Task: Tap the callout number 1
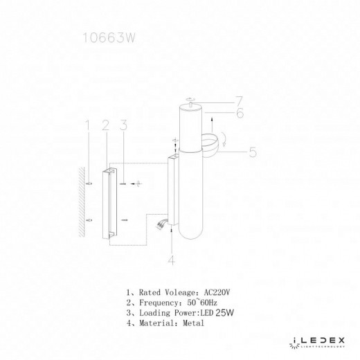tap(87, 126)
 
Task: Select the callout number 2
tap(105, 126)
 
